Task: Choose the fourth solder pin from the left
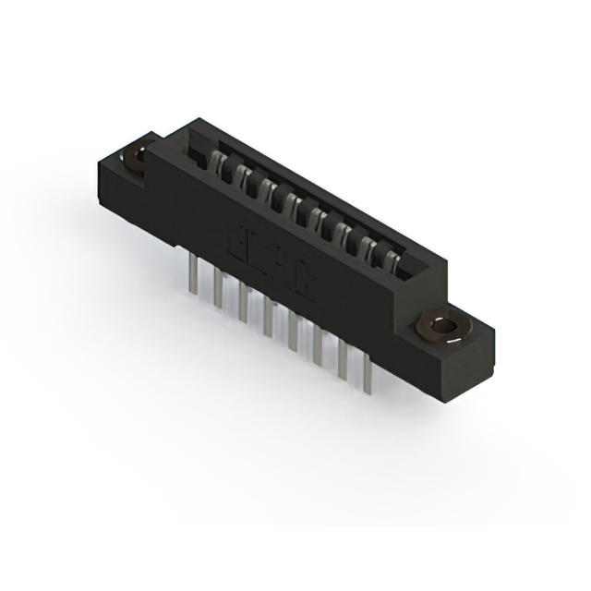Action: click(269, 320)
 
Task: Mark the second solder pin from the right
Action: click(344, 362)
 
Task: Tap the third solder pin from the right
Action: click(319, 348)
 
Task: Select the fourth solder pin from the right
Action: click(294, 333)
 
